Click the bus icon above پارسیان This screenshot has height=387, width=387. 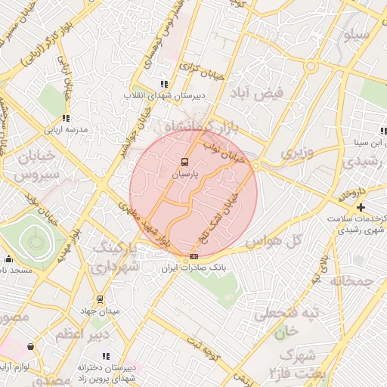[x=184, y=162]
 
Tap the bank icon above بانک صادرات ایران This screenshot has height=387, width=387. [x=193, y=257]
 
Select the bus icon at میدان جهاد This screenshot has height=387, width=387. [x=101, y=299]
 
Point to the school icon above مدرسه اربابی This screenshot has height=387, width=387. [x=66, y=118]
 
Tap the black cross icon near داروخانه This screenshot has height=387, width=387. [x=361, y=207]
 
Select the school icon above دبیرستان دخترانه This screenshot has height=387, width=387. [x=106, y=355]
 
